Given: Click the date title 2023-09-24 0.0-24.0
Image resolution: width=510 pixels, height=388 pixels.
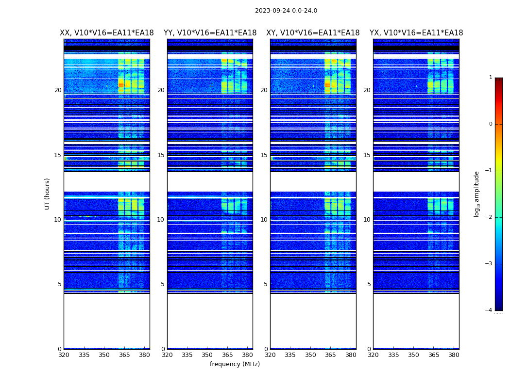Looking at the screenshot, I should (x=286, y=11).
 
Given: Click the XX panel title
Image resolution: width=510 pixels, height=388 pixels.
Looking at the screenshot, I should (x=106, y=33).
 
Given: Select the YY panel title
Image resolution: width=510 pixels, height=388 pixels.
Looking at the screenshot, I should (x=210, y=33).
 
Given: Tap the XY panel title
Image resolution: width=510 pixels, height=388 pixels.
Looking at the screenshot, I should (x=313, y=33).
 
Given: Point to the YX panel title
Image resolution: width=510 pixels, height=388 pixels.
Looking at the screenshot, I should (x=416, y=33).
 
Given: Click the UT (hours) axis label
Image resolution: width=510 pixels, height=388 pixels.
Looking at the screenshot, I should (x=47, y=194).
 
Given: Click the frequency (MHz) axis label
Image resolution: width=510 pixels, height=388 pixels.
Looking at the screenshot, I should (x=235, y=364).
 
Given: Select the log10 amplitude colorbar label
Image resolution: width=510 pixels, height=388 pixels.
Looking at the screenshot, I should (x=476, y=194).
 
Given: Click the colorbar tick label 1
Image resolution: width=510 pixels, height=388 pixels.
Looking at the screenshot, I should (x=490, y=78).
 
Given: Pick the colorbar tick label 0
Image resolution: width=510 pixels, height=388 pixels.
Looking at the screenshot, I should (x=490, y=124).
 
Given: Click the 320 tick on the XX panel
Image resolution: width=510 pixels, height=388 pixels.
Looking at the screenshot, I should (x=64, y=355).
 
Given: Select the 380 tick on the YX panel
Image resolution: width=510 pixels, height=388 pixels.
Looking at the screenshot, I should (x=454, y=355).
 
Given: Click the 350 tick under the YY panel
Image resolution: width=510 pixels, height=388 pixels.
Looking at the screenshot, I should (x=207, y=355).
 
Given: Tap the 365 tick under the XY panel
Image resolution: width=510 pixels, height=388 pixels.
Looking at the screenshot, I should (x=330, y=355).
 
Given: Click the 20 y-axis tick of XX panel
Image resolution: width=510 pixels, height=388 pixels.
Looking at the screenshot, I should (x=58, y=90).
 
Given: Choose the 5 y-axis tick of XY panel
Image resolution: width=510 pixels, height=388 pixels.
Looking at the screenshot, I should (x=266, y=284).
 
